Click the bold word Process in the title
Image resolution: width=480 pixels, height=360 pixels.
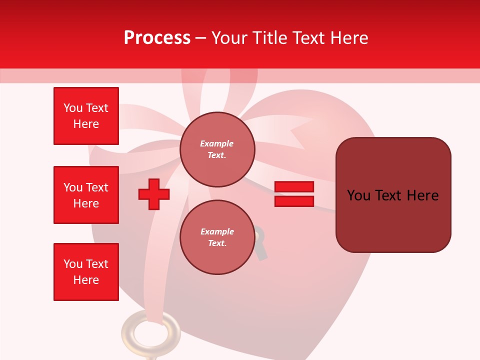point(157,38)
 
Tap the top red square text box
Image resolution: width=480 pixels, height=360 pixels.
point(86,116)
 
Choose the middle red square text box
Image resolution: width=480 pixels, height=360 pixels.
point(86,195)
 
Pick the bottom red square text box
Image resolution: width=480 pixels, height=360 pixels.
point(86,272)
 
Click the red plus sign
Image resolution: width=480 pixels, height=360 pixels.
point(154,194)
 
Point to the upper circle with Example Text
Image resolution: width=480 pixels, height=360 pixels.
point(217,149)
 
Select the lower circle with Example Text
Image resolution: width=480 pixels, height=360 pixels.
point(217,237)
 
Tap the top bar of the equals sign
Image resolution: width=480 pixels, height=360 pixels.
point(294,187)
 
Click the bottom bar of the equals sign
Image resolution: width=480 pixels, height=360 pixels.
point(294,201)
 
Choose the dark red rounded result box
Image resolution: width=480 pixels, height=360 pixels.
point(393,195)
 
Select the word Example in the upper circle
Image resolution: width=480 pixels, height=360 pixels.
point(217,143)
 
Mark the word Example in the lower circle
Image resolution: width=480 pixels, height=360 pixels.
point(217,231)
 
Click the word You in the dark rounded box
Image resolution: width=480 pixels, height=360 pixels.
point(359,195)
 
